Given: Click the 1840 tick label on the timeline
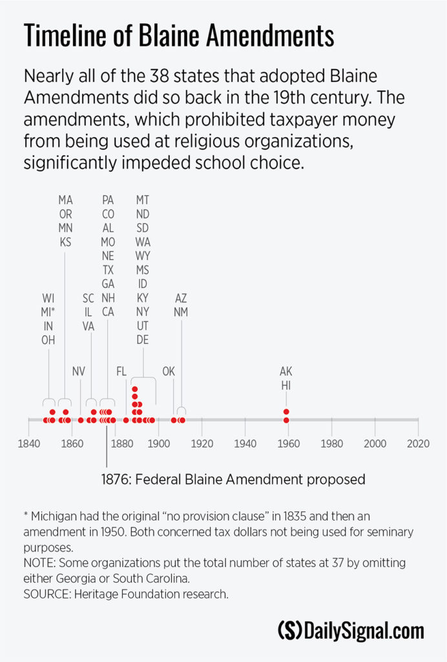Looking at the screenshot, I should (x=28, y=444).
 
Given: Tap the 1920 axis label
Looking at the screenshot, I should (x=202, y=444).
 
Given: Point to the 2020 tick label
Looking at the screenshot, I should (x=418, y=444).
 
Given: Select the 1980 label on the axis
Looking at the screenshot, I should (x=331, y=444).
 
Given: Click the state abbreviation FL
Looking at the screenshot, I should (x=121, y=371).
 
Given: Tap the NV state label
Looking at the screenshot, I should (x=79, y=371).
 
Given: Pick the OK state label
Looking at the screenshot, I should (x=169, y=371).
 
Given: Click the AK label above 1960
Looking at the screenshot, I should (x=286, y=371).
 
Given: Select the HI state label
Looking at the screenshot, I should (x=286, y=385).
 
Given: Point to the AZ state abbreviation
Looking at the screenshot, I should (x=181, y=298).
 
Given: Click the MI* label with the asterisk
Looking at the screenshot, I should (x=49, y=312).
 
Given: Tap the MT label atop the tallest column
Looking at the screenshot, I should (x=142, y=200).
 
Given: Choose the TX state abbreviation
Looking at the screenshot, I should (x=108, y=270).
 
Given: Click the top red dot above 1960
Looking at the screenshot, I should (x=286, y=412).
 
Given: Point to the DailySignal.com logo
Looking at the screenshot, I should (x=350, y=630).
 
